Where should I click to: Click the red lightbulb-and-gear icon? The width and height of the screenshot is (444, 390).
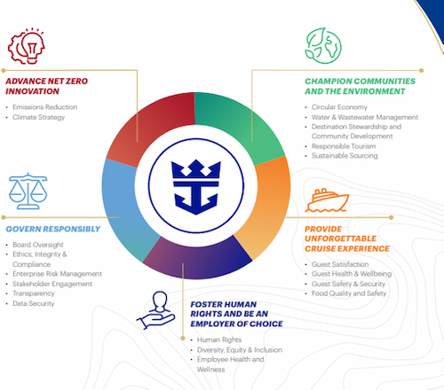tap(27, 46)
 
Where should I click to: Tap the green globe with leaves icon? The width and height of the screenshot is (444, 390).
tap(323, 45)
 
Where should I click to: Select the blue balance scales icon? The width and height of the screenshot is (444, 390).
tap(28, 191)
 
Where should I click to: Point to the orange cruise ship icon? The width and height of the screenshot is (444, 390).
tap(327, 200)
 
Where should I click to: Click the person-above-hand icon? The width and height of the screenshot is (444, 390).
tap(155, 310)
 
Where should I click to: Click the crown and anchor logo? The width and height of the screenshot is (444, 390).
tap(196, 187)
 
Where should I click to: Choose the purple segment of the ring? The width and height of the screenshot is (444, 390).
tap(197, 260)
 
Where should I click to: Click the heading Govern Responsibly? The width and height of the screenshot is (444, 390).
tap(53, 229)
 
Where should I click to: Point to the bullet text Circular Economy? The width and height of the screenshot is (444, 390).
tap(339, 107)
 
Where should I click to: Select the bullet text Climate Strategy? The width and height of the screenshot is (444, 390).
tap(39, 117)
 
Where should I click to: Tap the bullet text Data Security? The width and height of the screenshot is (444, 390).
tap(34, 303)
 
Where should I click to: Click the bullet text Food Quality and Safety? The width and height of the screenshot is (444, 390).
tap(349, 293)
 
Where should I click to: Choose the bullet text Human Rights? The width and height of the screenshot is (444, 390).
tap(219, 339)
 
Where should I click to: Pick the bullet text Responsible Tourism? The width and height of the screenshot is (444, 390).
tap(344, 146)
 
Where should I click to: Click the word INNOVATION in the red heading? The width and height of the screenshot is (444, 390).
tap(33, 91)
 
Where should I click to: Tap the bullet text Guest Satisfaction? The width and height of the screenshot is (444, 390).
tap(340, 264)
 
